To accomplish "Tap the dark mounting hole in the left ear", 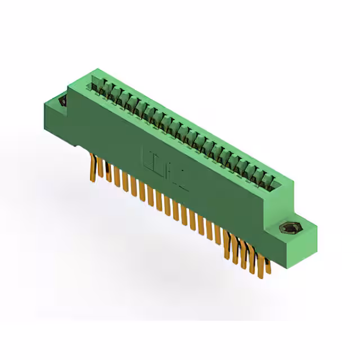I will [62, 101].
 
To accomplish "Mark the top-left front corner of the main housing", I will [69, 87].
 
